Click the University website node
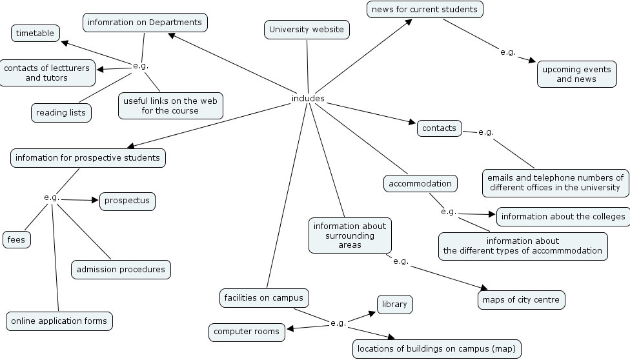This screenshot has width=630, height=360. click(307, 29)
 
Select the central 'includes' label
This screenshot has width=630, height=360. click(308, 99)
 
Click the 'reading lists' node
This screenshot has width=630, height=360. click(61, 112)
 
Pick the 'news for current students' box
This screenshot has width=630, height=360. click(425, 9)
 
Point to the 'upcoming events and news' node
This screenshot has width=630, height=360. click(576, 74)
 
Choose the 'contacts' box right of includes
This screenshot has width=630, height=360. click(439, 128)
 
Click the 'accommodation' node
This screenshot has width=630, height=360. click(420, 183)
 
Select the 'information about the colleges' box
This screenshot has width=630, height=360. click(563, 216)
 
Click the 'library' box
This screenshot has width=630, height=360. click(394, 304)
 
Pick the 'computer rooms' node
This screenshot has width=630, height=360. click(247, 332)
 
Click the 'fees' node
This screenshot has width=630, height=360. click(16, 239)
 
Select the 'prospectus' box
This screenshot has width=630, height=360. click(127, 201)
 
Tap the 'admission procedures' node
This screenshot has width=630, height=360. click(121, 269)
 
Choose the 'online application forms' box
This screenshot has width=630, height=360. click(59, 320)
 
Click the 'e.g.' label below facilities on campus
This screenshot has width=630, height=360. click(338, 323)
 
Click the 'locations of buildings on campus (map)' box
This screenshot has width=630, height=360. click(436, 349)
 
